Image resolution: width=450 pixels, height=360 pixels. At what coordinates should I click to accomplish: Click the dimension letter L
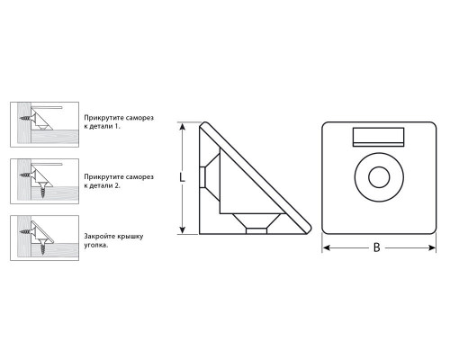182,177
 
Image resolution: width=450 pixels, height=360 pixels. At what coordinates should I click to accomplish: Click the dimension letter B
376,247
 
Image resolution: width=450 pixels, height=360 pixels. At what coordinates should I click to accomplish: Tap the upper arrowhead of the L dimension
182,127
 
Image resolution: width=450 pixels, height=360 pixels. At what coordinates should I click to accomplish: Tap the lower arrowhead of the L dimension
182,229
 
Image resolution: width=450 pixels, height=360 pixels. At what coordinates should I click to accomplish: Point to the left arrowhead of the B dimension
327,247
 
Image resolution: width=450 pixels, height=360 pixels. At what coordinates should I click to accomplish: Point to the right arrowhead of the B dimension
432,247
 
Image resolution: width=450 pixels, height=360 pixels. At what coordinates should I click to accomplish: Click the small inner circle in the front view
379,177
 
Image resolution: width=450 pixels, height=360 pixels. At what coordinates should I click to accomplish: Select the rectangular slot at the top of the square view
378,137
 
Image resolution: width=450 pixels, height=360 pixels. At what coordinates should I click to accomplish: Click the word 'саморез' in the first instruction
140,118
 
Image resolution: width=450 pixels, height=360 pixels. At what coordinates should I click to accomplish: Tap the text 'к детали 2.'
102,185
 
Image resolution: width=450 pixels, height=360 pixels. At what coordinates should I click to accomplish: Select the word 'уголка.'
95,245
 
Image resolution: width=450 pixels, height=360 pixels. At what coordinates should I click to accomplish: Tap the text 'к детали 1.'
102,126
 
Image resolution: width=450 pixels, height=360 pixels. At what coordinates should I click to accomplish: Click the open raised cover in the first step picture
47,107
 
